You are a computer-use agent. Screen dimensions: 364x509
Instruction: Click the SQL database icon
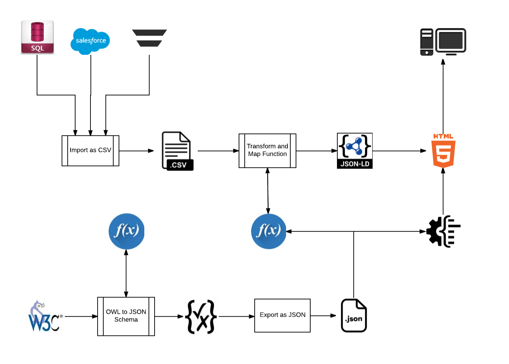[37, 37]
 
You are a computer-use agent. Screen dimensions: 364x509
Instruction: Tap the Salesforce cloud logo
[90, 41]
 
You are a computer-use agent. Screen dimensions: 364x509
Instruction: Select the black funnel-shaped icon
[149, 38]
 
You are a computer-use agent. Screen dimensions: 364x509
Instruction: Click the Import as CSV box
[90, 151]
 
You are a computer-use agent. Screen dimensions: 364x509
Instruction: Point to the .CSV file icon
[177, 151]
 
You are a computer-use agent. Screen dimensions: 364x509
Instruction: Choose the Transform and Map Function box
[268, 151]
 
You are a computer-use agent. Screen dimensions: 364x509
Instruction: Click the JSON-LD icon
[355, 151]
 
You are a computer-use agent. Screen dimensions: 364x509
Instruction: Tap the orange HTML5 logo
[443, 151]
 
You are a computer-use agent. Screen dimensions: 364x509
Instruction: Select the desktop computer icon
[443, 42]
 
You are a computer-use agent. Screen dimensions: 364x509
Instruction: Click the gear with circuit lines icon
[443, 231]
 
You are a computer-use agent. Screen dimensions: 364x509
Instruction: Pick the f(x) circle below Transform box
[269, 231]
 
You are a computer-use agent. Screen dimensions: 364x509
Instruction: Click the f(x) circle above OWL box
[126, 231]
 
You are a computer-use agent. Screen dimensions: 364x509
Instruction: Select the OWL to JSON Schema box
[126, 316]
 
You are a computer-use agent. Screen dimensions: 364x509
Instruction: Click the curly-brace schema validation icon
[201, 317]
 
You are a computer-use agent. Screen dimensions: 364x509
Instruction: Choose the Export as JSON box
[282, 316]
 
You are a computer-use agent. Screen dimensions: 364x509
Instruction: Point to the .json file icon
[354, 316]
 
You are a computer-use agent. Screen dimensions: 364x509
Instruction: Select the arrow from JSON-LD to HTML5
[399, 151]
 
